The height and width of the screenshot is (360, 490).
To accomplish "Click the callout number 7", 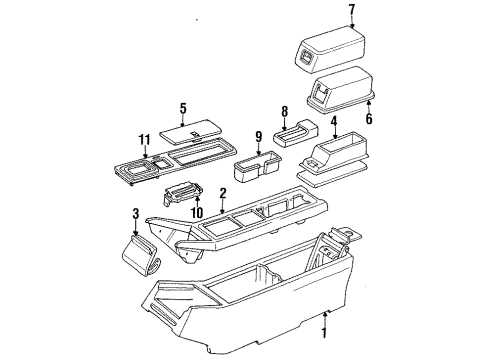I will click(324, 11).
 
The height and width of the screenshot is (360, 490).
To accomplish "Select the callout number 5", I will click(182, 108).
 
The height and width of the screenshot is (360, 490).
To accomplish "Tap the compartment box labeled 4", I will click(335, 155).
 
